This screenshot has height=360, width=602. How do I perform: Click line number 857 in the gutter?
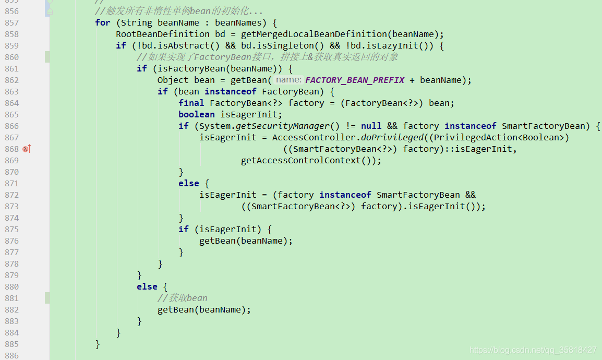[11, 23]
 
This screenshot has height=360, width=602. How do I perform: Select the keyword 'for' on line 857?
[103, 22]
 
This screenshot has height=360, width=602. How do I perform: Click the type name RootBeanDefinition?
[162, 34]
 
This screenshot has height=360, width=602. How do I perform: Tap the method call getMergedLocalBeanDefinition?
[314, 34]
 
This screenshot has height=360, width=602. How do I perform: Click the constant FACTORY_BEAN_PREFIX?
[355, 80]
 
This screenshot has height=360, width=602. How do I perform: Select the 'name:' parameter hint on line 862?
[288, 80]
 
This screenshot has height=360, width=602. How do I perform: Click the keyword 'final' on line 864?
[191, 103]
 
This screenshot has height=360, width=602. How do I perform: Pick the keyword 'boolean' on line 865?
[196, 114]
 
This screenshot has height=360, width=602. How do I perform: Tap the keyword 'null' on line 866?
[371, 126]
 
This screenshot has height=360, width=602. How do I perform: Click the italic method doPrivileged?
[392, 137]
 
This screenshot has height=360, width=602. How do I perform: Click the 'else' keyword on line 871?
[188, 183]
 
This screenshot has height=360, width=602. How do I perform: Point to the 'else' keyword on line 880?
[147, 286]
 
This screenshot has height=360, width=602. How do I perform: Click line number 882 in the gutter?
[11, 310]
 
